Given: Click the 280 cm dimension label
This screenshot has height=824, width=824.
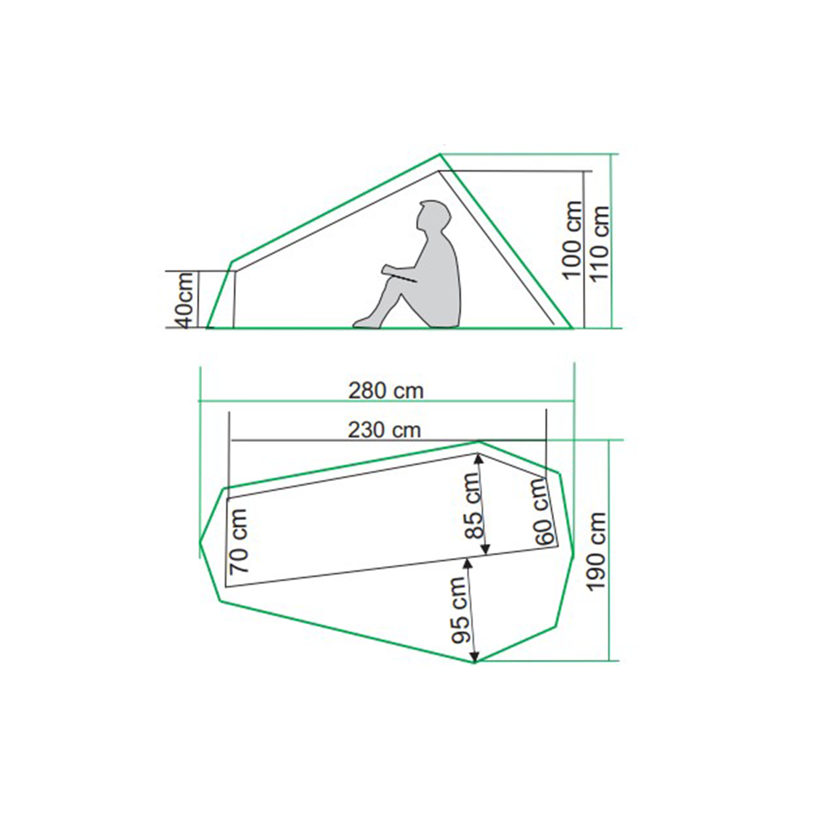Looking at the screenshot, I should [386, 391].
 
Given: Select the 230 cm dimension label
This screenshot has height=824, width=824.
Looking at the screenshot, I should [385, 430].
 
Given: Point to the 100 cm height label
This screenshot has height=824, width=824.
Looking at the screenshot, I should [572, 240].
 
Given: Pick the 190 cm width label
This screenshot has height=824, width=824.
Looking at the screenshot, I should [597, 551].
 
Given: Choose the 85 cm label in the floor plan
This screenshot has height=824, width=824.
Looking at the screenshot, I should [474, 505].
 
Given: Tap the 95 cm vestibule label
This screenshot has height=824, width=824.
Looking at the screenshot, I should [460, 610].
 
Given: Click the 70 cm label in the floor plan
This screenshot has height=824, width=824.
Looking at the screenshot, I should [239, 541].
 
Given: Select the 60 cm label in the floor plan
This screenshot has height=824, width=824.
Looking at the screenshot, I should [543, 511].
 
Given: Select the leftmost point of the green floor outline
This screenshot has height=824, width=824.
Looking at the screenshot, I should [199, 542].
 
